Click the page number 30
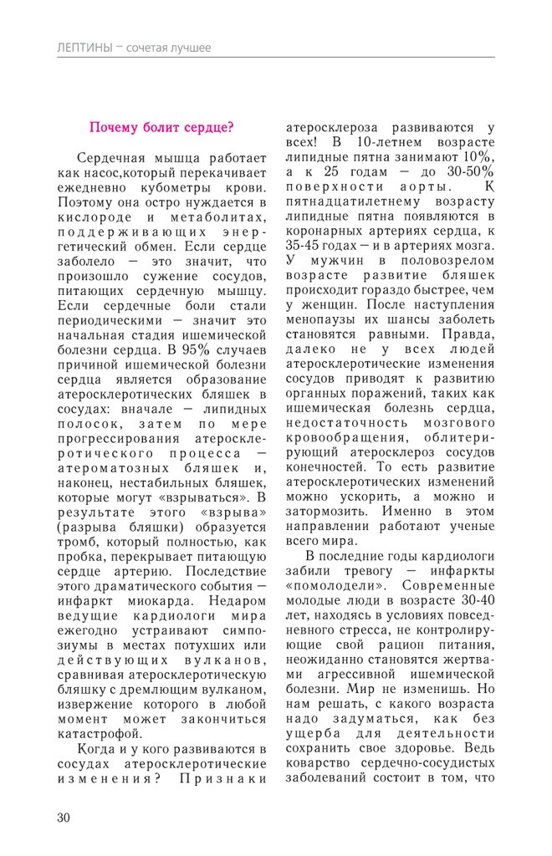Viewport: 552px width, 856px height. coord(64,817)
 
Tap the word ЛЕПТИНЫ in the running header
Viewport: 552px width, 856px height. coord(84,48)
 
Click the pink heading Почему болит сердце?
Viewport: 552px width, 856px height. coord(161,128)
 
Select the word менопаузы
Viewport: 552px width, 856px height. coord(322,321)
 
